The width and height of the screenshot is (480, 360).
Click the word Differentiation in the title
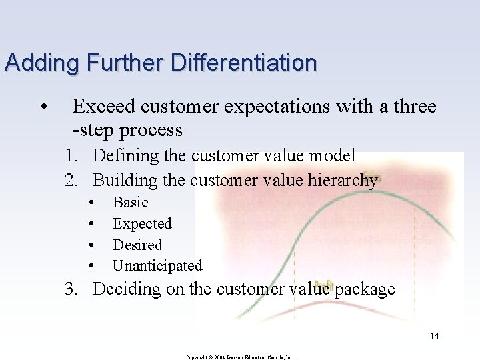(x=244, y=63)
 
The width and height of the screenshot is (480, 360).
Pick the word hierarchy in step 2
(x=342, y=180)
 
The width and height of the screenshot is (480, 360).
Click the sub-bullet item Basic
(x=131, y=202)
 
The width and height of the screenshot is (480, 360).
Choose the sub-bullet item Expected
(x=142, y=223)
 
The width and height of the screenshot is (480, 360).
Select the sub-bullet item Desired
(x=137, y=245)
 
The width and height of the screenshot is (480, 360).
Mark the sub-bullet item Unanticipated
(x=157, y=265)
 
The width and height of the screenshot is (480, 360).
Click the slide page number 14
(x=434, y=336)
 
